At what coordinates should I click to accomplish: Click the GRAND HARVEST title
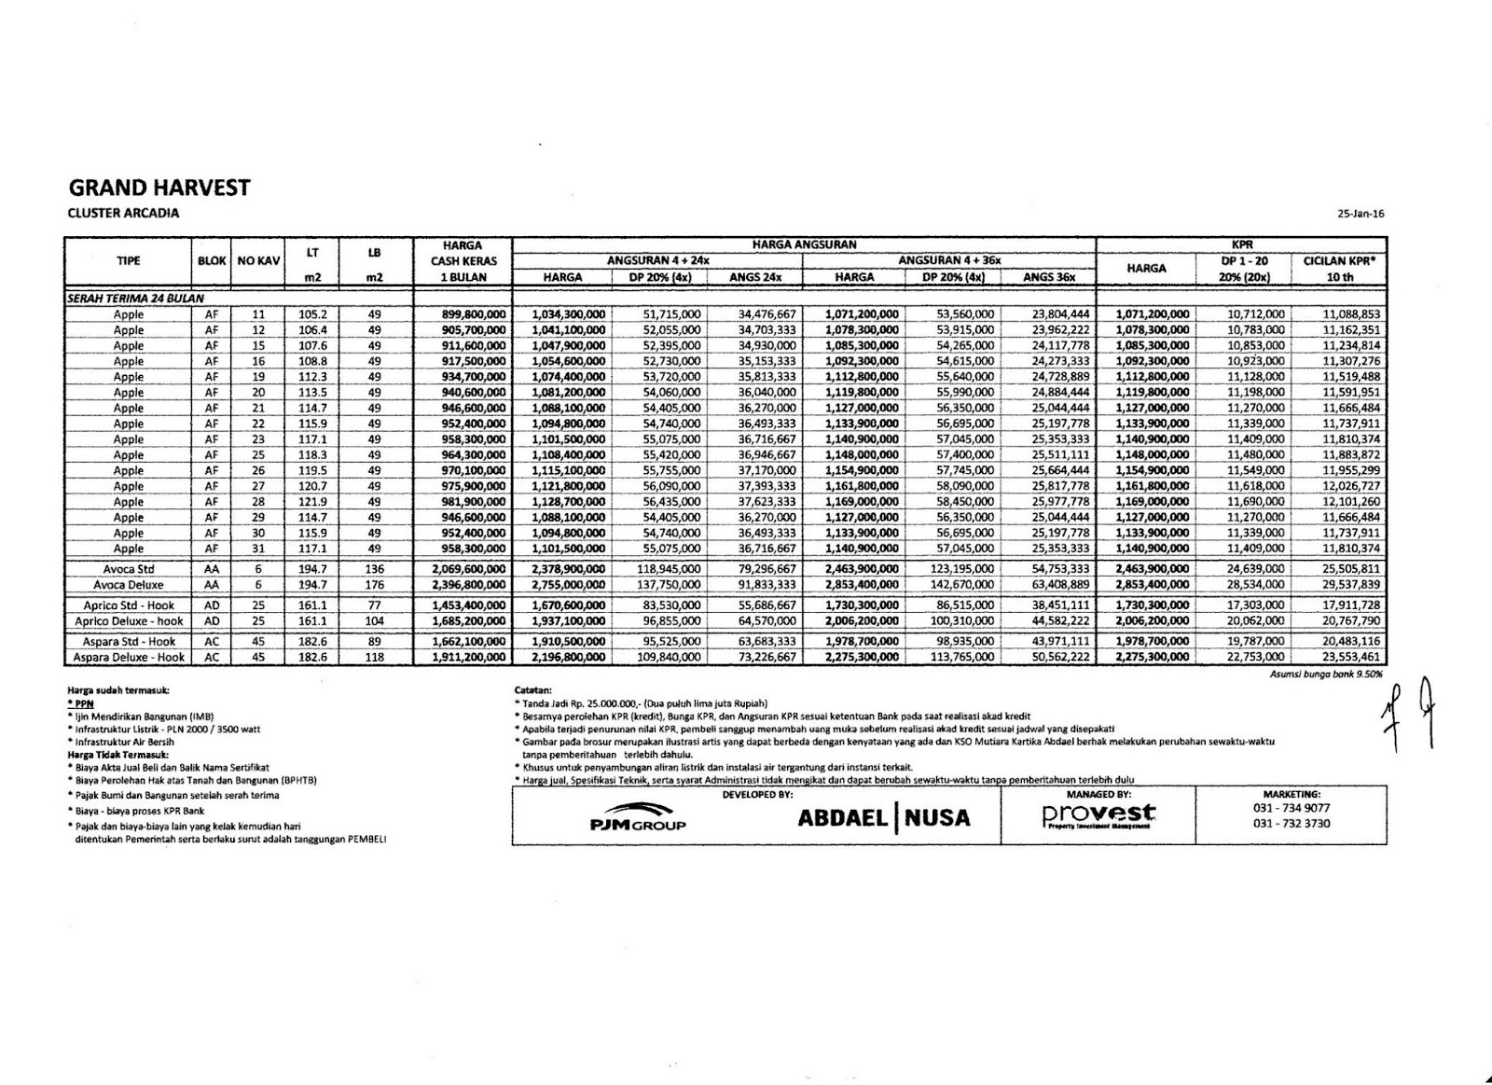point(159,188)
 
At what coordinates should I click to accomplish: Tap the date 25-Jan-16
point(1361,214)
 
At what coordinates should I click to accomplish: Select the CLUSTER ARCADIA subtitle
point(123,213)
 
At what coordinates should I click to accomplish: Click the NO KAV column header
point(258,261)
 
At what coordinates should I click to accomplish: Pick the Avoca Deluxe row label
point(128,585)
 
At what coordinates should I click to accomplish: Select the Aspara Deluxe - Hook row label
point(128,657)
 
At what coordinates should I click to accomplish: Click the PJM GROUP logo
point(638,816)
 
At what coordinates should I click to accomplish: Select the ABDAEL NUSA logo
point(883,818)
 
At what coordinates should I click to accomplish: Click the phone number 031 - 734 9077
point(1292,808)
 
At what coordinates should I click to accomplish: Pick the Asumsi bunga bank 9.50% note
point(1325,673)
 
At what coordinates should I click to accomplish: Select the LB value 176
point(374,585)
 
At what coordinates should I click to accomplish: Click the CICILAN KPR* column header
point(1339,261)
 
